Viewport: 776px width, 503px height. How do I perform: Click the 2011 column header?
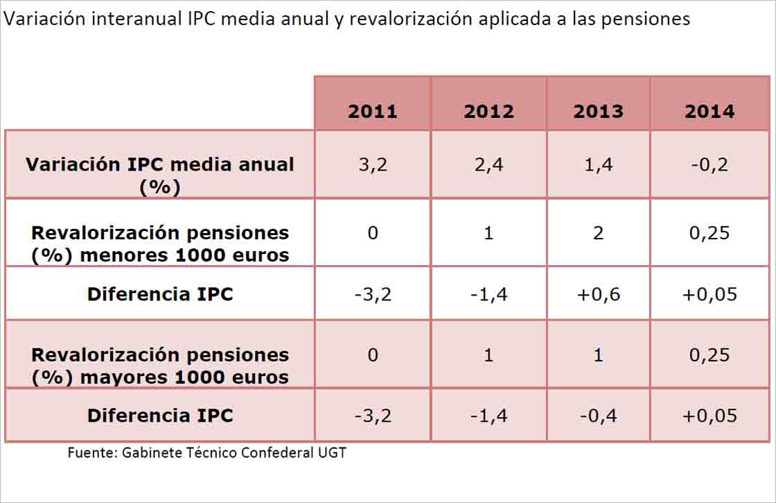tap(373, 112)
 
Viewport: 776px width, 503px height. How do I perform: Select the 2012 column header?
tap(488, 112)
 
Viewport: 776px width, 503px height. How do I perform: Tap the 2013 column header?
tap(598, 112)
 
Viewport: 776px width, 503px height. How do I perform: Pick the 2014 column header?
tap(709, 112)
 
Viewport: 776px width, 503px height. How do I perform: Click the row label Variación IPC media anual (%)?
tap(160, 175)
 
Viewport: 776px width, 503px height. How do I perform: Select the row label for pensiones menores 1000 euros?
tap(160, 244)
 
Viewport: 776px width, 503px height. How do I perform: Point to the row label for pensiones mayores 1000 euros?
tap(160, 366)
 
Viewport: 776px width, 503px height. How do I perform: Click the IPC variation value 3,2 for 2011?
tap(373, 165)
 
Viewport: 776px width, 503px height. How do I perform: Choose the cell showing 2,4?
tap(488, 165)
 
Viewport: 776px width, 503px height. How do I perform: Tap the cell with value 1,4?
tap(598, 165)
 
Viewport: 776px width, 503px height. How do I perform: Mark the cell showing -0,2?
tap(709, 165)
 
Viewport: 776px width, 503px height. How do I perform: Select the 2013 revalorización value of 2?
tap(598, 233)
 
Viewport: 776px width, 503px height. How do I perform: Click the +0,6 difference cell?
tap(598, 294)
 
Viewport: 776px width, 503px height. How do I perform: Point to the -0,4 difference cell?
tap(598, 416)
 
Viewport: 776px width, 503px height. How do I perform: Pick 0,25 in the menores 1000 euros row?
tap(709, 233)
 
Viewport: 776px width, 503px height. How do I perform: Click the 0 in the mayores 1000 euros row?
tap(373, 355)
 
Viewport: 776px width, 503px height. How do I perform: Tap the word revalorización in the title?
tap(411, 19)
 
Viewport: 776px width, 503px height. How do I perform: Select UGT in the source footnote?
tap(332, 453)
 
